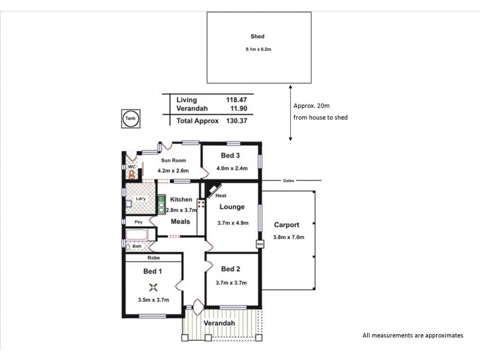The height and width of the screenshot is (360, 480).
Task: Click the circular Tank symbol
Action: click(x=130, y=119)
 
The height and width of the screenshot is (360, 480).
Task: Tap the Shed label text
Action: click(x=257, y=37)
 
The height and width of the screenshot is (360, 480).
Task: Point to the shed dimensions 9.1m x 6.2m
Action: click(x=257, y=49)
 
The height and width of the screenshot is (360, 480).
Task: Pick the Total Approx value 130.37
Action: click(x=234, y=121)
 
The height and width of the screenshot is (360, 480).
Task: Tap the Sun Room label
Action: click(x=173, y=160)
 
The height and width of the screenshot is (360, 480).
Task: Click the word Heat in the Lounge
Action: click(x=221, y=196)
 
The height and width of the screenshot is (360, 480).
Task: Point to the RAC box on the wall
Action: click(x=260, y=244)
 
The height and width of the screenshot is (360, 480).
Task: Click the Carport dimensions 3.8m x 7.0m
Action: click(x=289, y=238)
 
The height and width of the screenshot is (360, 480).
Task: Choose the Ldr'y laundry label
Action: click(x=141, y=199)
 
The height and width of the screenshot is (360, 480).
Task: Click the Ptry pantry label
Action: click(x=137, y=222)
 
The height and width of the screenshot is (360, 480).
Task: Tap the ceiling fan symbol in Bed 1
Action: click(x=154, y=287)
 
